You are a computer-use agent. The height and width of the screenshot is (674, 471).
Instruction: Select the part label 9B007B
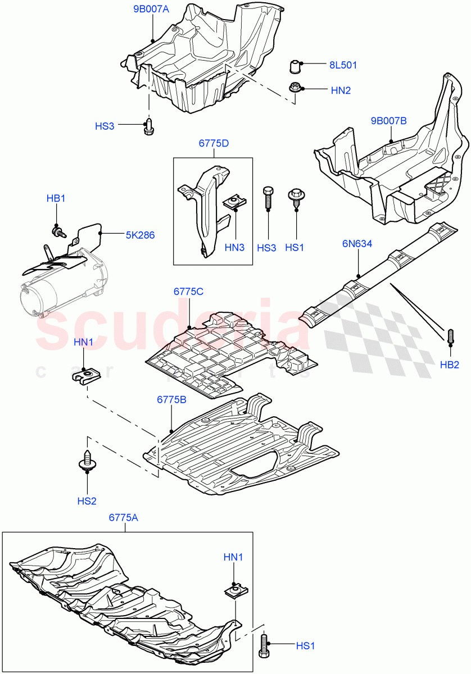(388, 120)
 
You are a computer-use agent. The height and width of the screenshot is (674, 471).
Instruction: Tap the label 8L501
(343, 65)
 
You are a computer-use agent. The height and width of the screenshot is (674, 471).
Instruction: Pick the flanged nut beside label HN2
(295, 88)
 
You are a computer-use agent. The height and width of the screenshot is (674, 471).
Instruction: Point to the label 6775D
(214, 143)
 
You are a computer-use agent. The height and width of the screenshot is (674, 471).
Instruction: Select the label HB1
(56, 198)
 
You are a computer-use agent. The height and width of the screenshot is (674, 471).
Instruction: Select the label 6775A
(123, 517)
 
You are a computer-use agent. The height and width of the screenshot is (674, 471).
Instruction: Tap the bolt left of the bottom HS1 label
(264, 646)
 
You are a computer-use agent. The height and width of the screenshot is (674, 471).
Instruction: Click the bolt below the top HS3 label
(149, 127)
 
